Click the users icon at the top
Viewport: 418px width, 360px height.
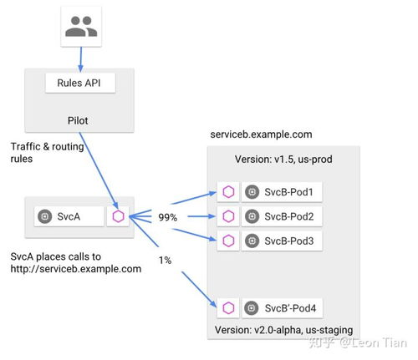pyautogui.click(x=81, y=27)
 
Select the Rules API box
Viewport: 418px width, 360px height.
pyautogui.click(x=80, y=83)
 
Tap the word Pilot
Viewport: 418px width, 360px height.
pyautogui.click(x=78, y=120)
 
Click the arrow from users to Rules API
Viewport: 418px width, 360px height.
pyautogui.click(x=81, y=59)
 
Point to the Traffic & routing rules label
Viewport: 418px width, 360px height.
pyautogui.click(x=47, y=153)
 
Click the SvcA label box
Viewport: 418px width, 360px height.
pyautogui.click(x=69, y=216)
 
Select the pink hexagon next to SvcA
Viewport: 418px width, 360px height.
pyautogui.click(x=118, y=216)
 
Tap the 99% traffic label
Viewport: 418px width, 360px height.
pyautogui.click(x=167, y=217)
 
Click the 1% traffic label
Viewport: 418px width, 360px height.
pyautogui.click(x=165, y=261)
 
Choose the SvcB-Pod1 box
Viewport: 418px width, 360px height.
pyautogui.click(x=282, y=192)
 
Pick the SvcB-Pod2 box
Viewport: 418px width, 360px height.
pyautogui.click(x=282, y=216)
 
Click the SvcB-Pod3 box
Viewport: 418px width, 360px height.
pyautogui.click(x=282, y=241)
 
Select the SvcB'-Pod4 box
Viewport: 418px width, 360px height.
pyautogui.click(x=282, y=308)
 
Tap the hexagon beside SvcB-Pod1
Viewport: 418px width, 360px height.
pyautogui.click(x=228, y=192)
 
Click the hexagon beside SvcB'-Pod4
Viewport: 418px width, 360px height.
pyautogui.click(x=228, y=308)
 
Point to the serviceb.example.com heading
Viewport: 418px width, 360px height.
pyautogui.click(x=261, y=134)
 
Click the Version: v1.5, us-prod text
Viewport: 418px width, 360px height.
pyautogui.click(x=283, y=160)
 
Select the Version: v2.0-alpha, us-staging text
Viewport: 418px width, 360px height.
pyautogui.click(x=283, y=330)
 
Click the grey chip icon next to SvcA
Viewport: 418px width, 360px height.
pyautogui.click(x=45, y=216)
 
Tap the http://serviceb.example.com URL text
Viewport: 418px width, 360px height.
pyautogui.click(x=76, y=269)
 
